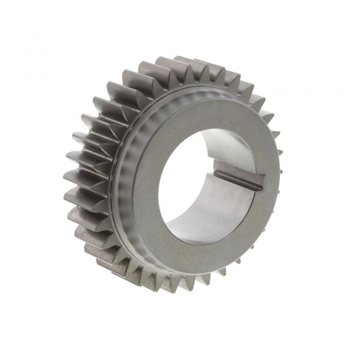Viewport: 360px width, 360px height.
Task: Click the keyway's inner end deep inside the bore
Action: pyautogui.click(x=220, y=174)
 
